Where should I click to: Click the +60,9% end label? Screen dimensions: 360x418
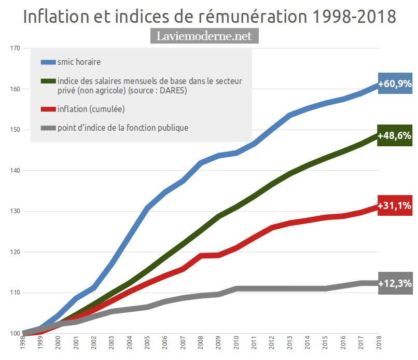click(x=395, y=84)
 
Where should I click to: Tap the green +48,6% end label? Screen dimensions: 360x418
click(x=395, y=136)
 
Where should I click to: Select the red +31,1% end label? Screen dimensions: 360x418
click(x=395, y=206)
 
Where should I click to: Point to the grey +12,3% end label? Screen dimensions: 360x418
click(x=395, y=283)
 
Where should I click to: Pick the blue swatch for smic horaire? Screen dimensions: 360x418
click(x=48, y=62)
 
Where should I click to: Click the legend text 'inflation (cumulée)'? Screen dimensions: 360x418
click(x=91, y=109)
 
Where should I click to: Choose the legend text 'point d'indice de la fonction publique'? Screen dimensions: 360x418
click(x=123, y=128)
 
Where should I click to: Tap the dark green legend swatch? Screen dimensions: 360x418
click(x=48, y=81)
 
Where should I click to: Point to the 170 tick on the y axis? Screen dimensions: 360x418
click(x=15, y=48)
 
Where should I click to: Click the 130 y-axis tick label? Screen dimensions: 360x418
click(x=15, y=211)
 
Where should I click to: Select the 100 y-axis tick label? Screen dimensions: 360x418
click(x=15, y=334)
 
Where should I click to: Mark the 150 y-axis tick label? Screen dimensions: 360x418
click(x=15, y=130)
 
